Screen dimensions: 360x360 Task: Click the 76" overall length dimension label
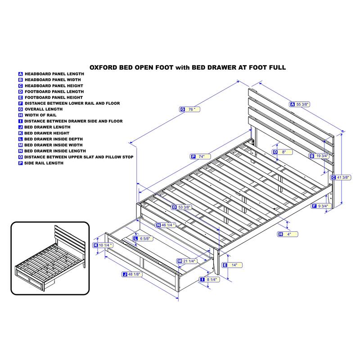coord(189,109)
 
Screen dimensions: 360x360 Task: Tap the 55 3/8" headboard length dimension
coord(300,104)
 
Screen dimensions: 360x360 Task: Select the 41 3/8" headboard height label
coord(341,177)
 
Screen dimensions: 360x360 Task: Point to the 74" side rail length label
coord(200,157)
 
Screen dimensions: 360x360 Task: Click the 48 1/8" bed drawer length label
coord(132,274)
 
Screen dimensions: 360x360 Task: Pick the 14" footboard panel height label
coord(232,265)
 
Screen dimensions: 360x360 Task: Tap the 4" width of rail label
coord(288,234)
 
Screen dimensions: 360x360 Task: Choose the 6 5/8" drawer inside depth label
coord(143,238)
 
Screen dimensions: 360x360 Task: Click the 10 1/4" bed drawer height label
coord(103,245)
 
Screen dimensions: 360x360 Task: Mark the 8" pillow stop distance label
coord(282,152)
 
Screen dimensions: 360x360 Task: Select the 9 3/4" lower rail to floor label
coord(321,206)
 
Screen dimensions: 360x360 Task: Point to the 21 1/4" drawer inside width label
coord(187,261)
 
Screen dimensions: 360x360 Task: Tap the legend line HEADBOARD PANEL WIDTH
coord(49,80)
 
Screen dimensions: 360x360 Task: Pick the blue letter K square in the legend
coord(20,133)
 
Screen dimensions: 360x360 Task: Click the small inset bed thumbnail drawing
coord(50,258)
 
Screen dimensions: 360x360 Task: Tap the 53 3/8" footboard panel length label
coord(182,207)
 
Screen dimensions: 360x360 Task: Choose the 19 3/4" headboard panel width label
coord(319,156)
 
